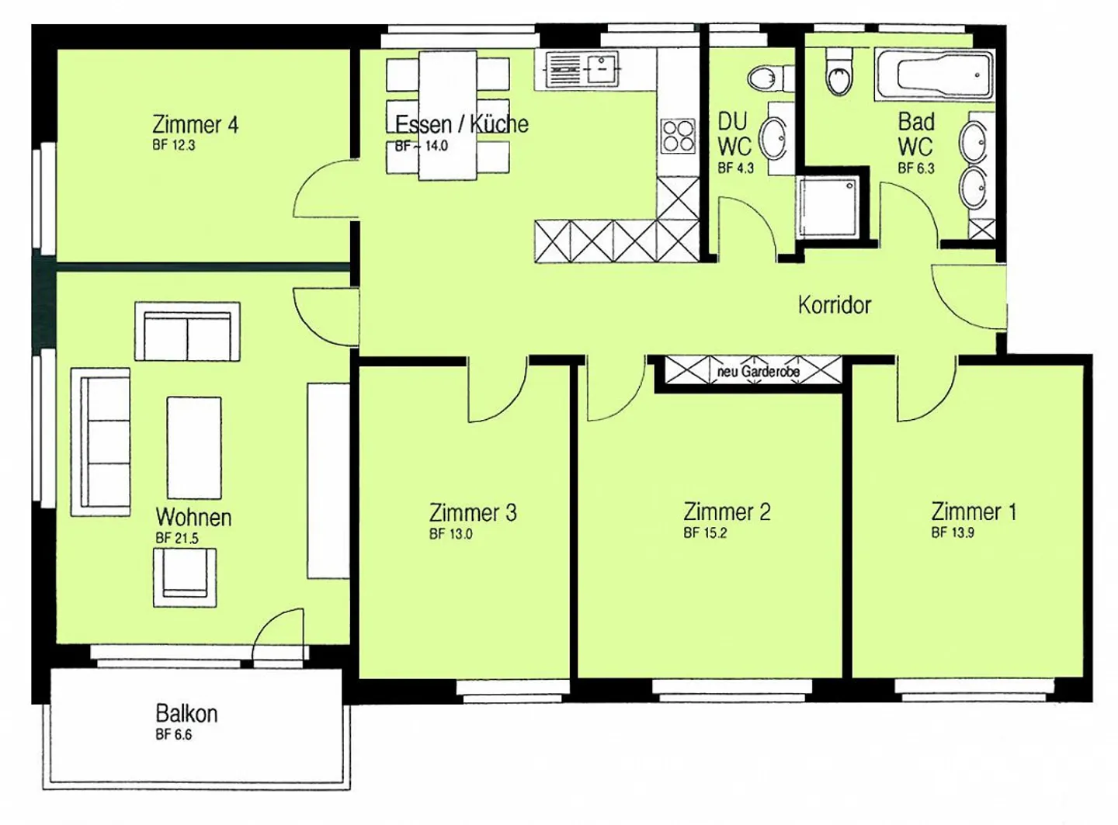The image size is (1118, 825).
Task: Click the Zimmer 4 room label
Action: (x=195, y=124)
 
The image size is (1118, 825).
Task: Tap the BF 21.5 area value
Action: (x=177, y=539)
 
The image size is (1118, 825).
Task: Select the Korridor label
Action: (x=835, y=305)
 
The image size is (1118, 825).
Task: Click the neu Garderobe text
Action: (x=758, y=372)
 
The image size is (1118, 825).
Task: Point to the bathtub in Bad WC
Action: (x=934, y=75)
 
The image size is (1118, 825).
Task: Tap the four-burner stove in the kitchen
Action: (x=678, y=136)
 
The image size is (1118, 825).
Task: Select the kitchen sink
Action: (x=577, y=70)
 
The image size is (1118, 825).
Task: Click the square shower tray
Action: (x=827, y=206)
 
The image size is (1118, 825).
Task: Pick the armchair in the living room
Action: (x=185, y=577)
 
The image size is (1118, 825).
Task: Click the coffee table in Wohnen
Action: (x=194, y=448)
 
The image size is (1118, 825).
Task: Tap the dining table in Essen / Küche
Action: (x=448, y=115)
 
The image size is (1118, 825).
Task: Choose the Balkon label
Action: (x=186, y=713)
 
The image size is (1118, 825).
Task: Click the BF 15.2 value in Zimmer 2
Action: (x=705, y=532)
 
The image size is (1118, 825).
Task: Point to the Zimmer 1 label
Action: (x=974, y=511)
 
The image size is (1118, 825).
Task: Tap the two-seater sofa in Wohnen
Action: (x=188, y=331)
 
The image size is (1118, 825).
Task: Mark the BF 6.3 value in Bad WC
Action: (x=916, y=168)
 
